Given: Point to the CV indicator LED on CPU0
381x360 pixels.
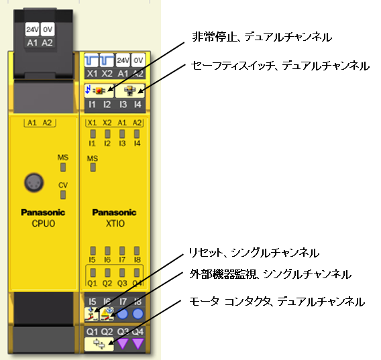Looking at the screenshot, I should pyautogui.click(x=63, y=195).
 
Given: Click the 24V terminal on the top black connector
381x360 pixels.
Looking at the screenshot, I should pyautogui.click(x=32, y=30).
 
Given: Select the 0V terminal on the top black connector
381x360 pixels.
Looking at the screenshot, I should pyautogui.click(x=47, y=30).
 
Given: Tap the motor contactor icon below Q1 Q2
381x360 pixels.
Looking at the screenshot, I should pyautogui.click(x=99, y=344).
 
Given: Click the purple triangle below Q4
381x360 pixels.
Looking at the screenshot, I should pyautogui.click(x=138, y=344).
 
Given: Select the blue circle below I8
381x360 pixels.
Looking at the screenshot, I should pyautogui.click(x=138, y=313).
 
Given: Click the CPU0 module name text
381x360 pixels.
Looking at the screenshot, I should pyautogui.click(x=43, y=224).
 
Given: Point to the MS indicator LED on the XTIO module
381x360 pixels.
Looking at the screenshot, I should pyautogui.click(x=92, y=168).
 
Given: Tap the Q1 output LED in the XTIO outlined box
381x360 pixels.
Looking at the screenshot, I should pyautogui.click(x=92, y=272).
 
